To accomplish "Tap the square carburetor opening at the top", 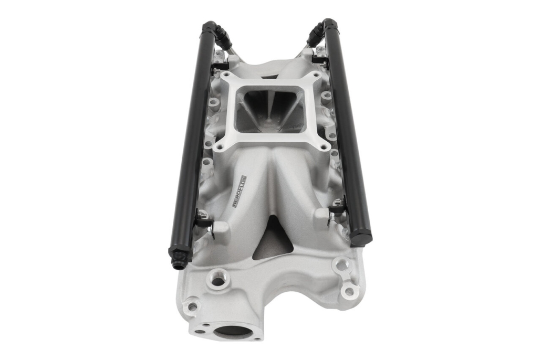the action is point(269,110).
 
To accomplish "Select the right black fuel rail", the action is point(348,131).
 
